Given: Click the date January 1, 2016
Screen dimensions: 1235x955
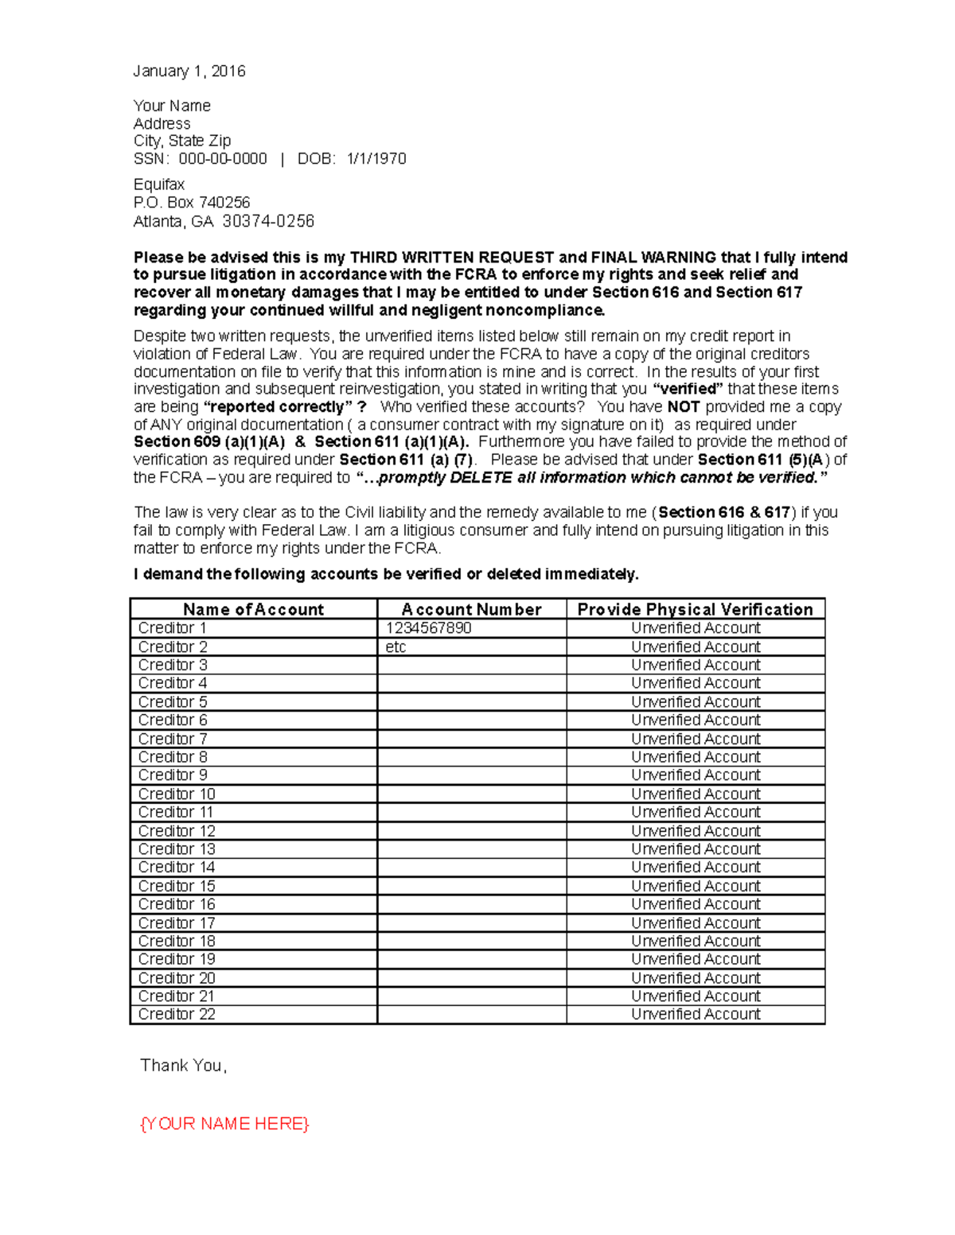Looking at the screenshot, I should (189, 72).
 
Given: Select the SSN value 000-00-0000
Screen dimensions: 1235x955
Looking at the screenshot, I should (223, 159).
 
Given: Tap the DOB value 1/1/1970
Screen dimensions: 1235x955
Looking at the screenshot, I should (376, 159).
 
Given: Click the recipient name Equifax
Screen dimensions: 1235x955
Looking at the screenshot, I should (158, 184).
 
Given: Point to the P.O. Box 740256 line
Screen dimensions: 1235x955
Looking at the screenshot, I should (191, 203).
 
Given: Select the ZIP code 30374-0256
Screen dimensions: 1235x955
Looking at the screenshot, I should (268, 221).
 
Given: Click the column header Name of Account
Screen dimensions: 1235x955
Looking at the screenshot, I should (253, 609).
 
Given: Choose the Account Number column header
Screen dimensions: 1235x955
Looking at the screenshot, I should (471, 609).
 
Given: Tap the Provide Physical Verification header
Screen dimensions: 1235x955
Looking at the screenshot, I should (695, 609).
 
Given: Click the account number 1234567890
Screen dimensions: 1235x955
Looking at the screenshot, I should (428, 628).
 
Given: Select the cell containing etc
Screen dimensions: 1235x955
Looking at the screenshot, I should (396, 647).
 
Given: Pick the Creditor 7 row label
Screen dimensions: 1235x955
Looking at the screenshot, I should (173, 739).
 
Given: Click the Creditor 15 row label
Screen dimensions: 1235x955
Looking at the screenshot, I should (177, 886).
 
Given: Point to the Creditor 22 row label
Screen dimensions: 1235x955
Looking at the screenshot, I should (177, 1015).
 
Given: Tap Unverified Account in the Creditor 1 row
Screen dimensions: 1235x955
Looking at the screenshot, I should (696, 628).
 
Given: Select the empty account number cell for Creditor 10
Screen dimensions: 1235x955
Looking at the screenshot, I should (471, 794).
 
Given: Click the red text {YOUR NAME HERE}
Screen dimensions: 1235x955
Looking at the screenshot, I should (224, 1124).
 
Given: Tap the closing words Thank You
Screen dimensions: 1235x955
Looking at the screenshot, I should (183, 1066).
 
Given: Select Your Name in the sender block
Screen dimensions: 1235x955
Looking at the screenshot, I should (172, 106).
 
